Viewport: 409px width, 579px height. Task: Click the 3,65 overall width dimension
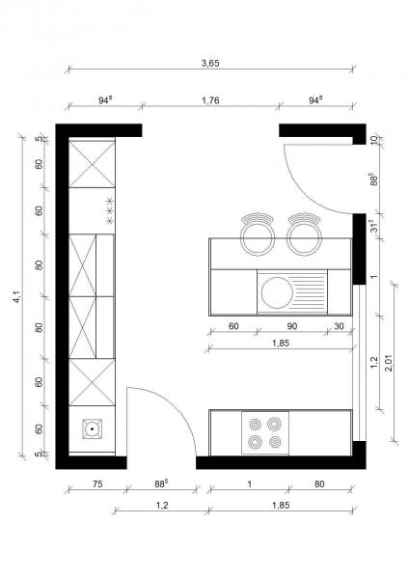(x=210, y=63)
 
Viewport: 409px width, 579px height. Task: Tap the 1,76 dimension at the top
(x=210, y=100)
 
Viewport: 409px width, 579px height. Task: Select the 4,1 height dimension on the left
(x=16, y=296)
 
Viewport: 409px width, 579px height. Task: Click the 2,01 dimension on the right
(x=390, y=363)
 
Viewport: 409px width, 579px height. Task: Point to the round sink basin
(x=277, y=292)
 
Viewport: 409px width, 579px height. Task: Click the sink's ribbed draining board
(x=310, y=291)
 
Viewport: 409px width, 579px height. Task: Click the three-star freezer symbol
(x=109, y=210)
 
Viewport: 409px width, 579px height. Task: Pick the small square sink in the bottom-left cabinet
(x=92, y=428)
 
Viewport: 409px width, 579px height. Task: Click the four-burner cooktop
(x=265, y=432)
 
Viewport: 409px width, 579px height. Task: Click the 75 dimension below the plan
(x=97, y=483)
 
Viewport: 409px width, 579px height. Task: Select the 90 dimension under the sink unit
(x=291, y=326)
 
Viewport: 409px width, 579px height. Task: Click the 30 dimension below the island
(x=339, y=326)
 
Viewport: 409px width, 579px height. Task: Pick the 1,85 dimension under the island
(x=281, y=343)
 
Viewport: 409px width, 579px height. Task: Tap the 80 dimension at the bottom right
(x=319, y=483)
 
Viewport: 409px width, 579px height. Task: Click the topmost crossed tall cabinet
(x=92, y=164)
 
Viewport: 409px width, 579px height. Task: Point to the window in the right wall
(x=359, y=363)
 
